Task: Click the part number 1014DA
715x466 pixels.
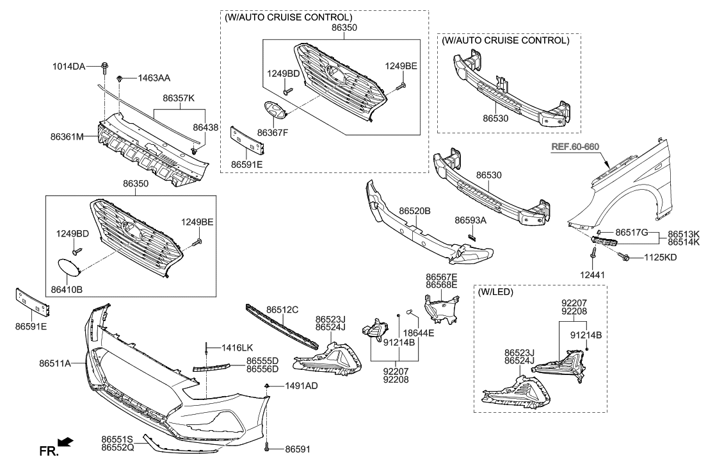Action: point(68,65)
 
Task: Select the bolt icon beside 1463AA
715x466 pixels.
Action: point(120,79)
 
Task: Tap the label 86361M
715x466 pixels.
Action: point(67,137)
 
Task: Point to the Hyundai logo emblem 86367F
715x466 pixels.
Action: point(273,112)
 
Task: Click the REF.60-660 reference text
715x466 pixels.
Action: point(575,147)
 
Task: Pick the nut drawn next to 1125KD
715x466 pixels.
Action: point(625,257)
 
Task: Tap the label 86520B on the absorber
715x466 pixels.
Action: point(414,210)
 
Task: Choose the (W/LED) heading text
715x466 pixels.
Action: point(495,292)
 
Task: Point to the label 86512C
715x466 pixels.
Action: point(282,310)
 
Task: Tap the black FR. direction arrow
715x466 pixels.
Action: point(66,442)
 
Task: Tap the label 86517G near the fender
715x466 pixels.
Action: point(632,232)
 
